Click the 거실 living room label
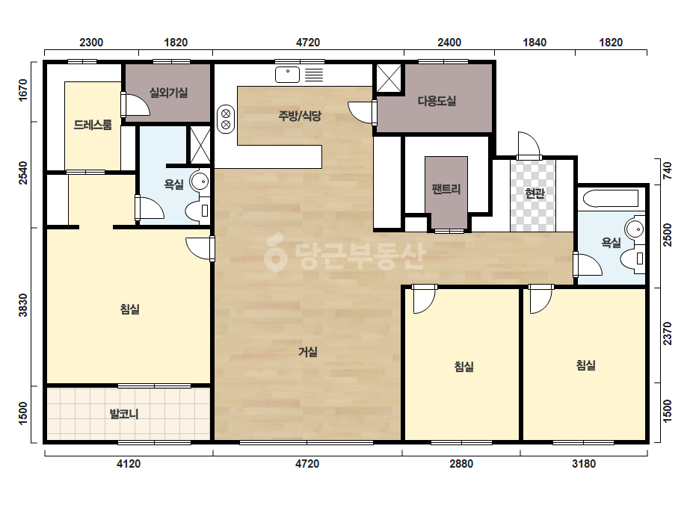click(x=307, y=352)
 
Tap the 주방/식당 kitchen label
click(x=300, y=116)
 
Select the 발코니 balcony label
click(x=123, y=414)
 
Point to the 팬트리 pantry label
click(x=446, y=189)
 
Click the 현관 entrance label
click(x=535, y=193)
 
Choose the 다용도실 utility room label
click(x=437, y=101)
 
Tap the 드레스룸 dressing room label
click(x=93, y=125)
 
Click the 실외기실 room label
click(x=168, y=93)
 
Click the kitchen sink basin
click(x=287, y=75)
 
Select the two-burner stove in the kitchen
click(x=226, y=120)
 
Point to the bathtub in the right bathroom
click(x=610, y=198)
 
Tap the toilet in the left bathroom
click(x=197, y=211)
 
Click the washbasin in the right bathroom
click(x=634, y=229)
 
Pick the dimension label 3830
click(x=23, y=305)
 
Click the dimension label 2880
click(x=461, y=464)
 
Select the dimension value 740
click(x=667, y=170)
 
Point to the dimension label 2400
click(x=449, y=43)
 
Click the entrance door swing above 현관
click(x=529, y=145)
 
